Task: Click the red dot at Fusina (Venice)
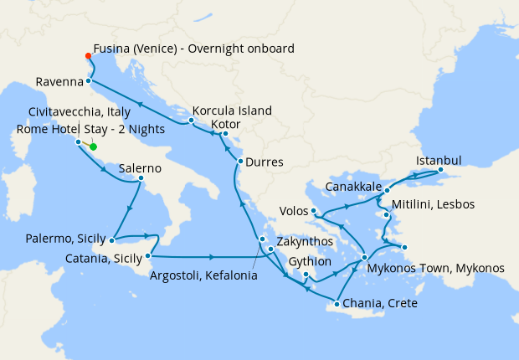coord(87,57)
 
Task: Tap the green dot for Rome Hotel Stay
coord(93,147)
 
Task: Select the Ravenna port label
coord(59,82)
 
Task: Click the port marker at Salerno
coord(141,177)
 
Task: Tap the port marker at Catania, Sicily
coord(147,255)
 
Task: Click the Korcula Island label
coord(232,111)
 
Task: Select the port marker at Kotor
coord(225,133)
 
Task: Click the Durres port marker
coord(240,161)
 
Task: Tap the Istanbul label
coord(439,160)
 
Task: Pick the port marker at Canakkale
coord(387,191)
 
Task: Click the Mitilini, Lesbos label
coord(434,204)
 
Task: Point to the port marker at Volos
coord(312,210)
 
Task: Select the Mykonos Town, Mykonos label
coord(435,269)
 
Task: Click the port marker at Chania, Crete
coord(337,304)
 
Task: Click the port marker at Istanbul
coord(439,172)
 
